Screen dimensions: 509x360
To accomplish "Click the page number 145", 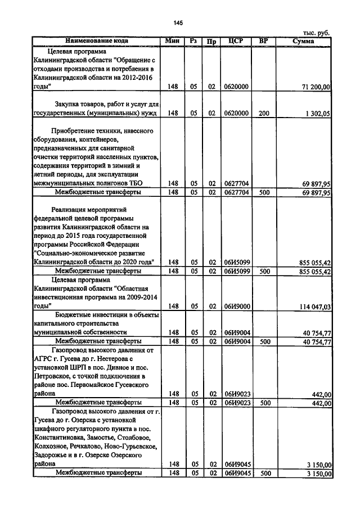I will coord(179,22).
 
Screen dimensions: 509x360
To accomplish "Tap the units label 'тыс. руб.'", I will coord(316,33).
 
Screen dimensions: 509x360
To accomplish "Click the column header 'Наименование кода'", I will coord(96,41).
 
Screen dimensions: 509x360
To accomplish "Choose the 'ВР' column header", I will coord(263,41).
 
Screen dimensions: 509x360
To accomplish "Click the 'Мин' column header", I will coord(172,41).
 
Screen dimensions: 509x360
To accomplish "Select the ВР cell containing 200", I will coord(264,113).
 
